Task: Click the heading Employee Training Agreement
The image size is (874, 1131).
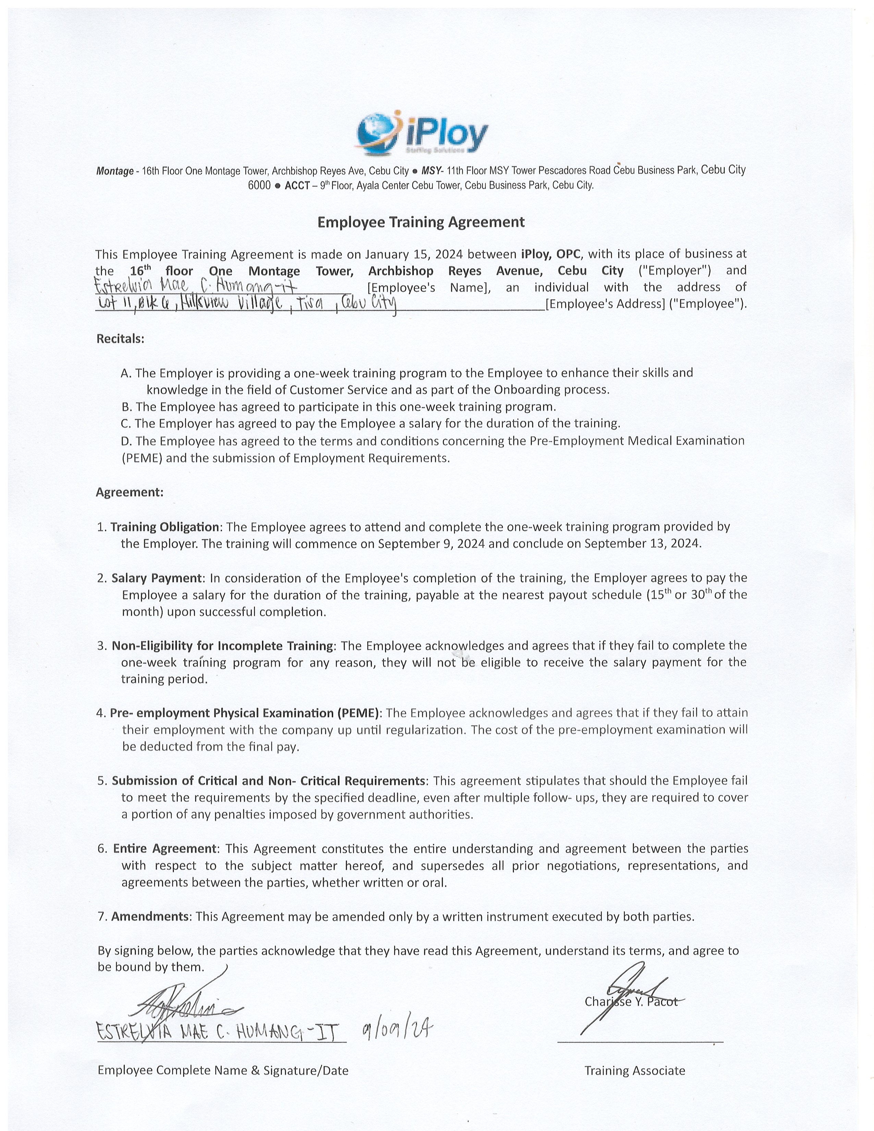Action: [x=421, y=222]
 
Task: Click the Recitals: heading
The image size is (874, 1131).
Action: [x=120, y=339]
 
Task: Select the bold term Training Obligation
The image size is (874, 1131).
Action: [x=165, y=527]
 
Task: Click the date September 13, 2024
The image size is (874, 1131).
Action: [x=643, y=544]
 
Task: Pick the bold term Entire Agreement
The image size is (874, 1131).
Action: [x=164, y=849]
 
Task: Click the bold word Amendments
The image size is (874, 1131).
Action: [x=150, y=916]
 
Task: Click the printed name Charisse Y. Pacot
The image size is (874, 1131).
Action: [x=631, y=1002]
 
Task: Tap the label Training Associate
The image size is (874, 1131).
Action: [x=634, y=1071]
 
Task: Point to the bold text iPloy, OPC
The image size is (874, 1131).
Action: [x=551, y=254]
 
